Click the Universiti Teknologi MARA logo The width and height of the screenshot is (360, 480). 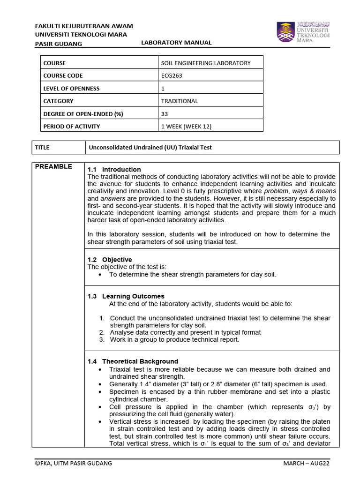tap(303, 32)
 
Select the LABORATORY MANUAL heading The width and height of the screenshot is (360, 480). tap(176, 43)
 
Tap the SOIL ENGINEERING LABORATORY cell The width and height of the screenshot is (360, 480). tap(206, 63)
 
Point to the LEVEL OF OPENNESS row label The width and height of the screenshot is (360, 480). tap(71, 88)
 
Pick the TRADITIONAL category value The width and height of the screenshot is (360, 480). tap(180, 101)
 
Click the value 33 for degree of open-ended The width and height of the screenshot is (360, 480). tap(165, 113)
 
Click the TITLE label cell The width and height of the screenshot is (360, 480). tap(42, 147)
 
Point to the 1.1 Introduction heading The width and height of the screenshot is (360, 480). tap(114, 169)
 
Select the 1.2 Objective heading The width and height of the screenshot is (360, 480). tap(110, 259)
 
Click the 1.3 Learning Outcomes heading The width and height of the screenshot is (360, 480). tap(126, 296)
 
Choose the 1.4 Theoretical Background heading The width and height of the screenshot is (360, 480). tap(133, 361)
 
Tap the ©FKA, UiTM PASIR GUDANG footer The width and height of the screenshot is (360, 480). tap(74, 463)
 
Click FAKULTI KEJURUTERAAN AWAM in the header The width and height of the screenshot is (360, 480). tap(84, 26)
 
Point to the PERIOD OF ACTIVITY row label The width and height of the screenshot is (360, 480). tap(71, 126)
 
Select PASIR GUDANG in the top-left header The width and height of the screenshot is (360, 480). tap(59, 44)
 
